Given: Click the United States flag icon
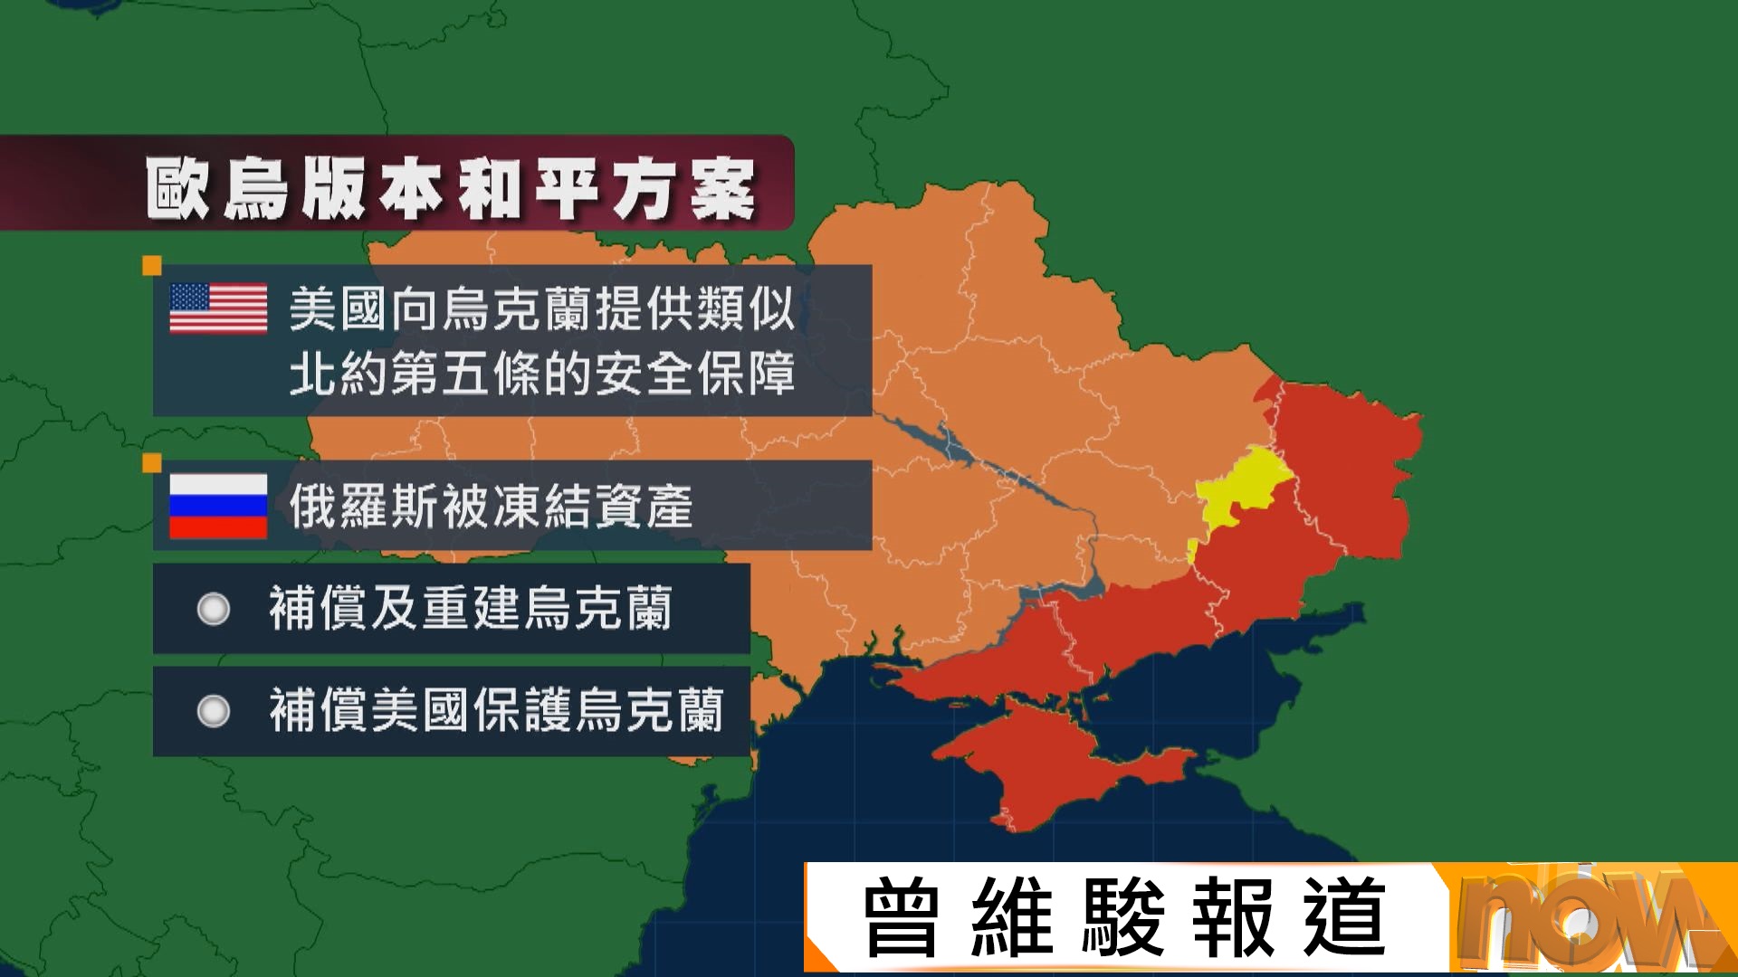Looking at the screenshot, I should (218, 308).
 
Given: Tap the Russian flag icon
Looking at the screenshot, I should (218, 506).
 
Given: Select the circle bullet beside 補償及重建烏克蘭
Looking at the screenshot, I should (214, 609).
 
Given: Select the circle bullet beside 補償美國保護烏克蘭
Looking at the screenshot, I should (214, 711).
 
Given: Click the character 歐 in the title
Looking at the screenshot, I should (178, 188).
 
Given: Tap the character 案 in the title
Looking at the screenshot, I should (722, 188).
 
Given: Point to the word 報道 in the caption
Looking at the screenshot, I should (1289, 918).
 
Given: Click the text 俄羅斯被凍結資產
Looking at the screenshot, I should (492, 506).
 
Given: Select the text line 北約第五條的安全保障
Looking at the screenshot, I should (542, 373).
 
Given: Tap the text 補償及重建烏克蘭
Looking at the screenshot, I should (471, 608).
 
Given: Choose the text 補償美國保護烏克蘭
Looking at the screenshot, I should (496, 710).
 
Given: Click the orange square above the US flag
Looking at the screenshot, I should (152, 265).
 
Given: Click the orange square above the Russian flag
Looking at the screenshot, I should (152, 463).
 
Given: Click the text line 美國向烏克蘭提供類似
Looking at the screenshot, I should (542, 308).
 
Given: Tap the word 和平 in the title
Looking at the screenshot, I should (529, 188).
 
